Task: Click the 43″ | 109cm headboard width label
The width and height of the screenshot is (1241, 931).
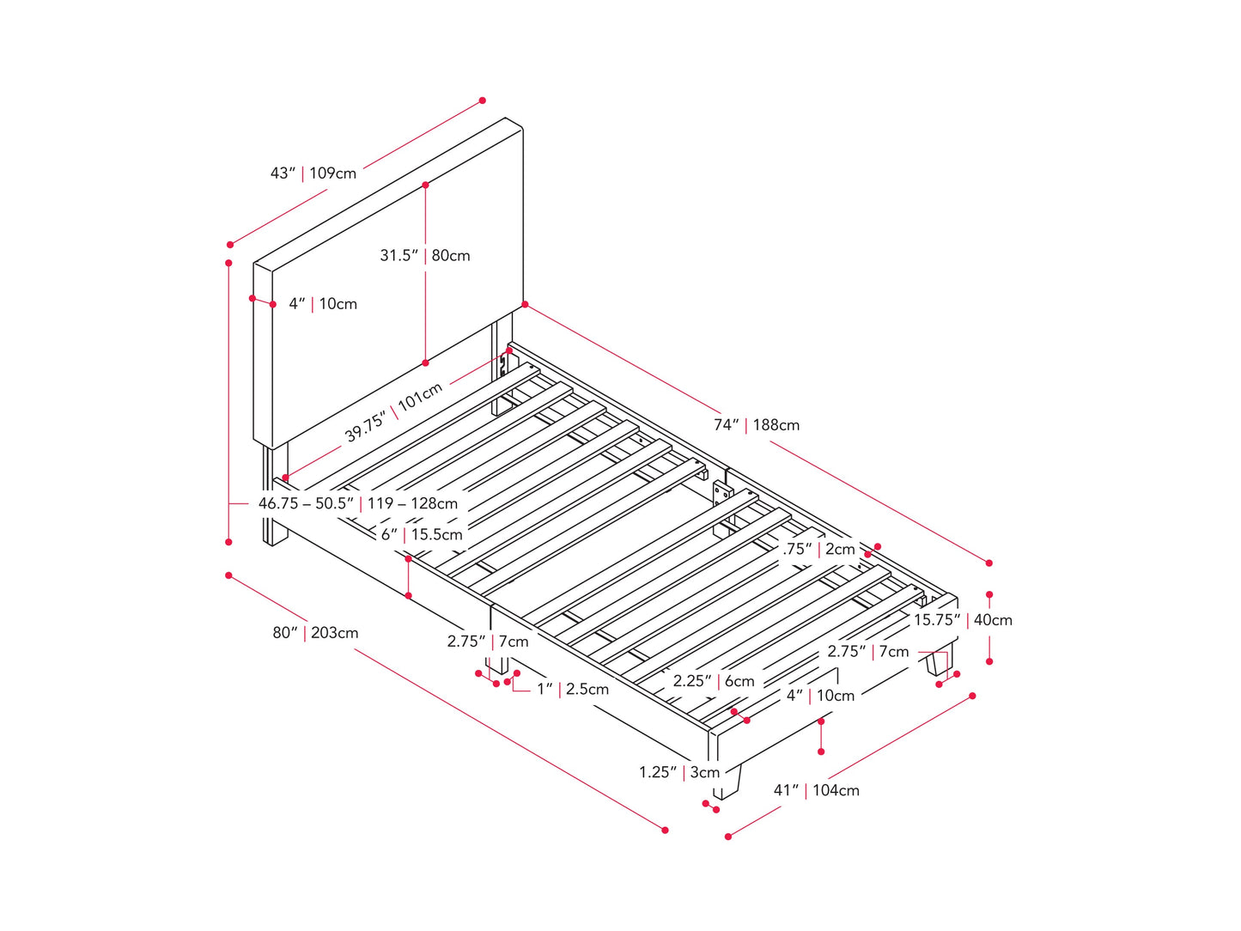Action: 313,173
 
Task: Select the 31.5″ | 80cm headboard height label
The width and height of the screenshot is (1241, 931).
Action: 425,256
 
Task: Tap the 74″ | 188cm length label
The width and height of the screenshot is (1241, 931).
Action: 756,425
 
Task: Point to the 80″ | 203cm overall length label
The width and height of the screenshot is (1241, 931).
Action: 315,633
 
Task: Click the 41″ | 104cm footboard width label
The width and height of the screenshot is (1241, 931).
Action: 816,790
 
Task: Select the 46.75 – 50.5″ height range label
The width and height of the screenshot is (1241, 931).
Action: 357,503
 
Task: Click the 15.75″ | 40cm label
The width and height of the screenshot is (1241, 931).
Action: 962,620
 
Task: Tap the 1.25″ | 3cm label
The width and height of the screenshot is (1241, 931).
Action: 678,772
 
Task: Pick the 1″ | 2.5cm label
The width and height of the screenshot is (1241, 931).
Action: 572,689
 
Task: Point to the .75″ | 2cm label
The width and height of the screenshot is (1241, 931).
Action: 818,550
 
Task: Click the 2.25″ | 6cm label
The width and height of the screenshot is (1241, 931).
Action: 713,681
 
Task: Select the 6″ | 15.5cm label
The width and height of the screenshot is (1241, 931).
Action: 421,534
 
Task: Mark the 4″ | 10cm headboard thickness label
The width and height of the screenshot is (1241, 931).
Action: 322,304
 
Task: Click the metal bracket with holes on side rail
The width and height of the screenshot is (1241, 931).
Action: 722,497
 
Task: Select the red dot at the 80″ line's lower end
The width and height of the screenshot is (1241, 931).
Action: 665,830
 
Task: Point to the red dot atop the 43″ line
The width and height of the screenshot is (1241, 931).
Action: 483,100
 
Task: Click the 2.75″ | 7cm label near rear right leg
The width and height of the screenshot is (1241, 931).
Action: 867,652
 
